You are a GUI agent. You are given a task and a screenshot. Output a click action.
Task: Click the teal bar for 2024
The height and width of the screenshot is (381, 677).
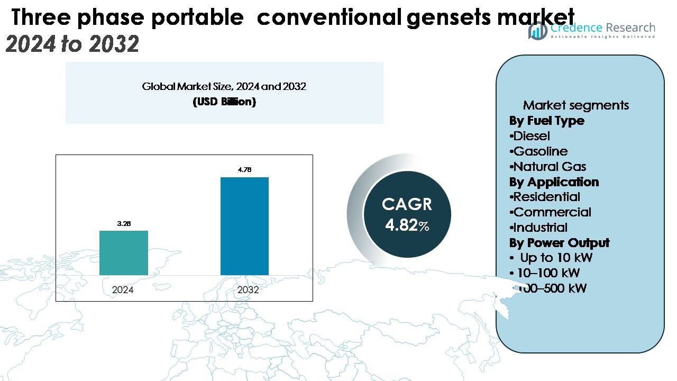[124, 253]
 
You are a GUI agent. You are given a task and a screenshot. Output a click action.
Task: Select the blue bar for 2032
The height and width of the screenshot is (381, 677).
[244, 226]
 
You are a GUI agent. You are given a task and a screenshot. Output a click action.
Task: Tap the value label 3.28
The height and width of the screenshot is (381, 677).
[124, 223]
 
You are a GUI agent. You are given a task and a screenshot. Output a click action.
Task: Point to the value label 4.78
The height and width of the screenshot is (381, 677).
[244, 170]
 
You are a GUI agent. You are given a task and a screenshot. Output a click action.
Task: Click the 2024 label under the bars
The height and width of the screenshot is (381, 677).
[123, 290]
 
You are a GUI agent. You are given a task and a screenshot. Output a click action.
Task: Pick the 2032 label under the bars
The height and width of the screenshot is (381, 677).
[248, 290]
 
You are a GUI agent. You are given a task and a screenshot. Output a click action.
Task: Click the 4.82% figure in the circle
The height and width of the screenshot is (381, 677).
[407, 225]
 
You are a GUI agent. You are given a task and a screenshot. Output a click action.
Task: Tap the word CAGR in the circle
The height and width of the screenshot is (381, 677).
[407, 204]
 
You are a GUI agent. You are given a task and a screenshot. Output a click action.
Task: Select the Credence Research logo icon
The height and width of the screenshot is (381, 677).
[538, 31]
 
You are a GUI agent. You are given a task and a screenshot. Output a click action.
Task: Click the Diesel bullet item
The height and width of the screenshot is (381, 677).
[530, 136]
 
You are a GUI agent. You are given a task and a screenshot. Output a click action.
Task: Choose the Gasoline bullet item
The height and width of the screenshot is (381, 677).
[539, 151]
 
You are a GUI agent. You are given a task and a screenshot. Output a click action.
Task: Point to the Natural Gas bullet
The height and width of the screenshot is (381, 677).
[548, 167]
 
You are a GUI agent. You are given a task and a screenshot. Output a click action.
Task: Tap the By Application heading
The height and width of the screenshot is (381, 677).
[554, 182]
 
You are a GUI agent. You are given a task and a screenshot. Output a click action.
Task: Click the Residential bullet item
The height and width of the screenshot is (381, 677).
[546, 197]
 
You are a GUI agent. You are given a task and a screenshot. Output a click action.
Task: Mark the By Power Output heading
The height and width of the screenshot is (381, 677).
[559, 243]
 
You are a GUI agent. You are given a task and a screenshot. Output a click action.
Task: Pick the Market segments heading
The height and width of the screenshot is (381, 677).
[576, 105]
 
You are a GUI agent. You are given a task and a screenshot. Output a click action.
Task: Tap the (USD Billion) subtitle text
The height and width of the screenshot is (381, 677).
[224, 102]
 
